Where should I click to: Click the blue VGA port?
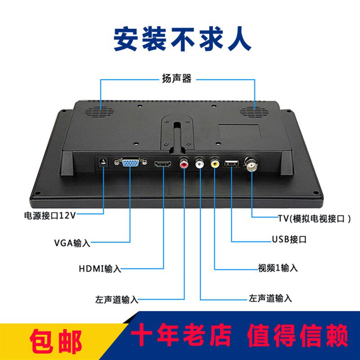[130, 162]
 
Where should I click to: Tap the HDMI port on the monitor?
[163, 164]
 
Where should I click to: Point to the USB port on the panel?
[232, 163]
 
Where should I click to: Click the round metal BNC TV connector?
[252, 164]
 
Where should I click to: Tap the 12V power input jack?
[103, 162]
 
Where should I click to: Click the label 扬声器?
[177, 78]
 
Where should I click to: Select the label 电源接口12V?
[50, 216]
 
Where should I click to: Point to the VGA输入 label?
[72, 243]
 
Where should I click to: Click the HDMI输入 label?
[100, 268]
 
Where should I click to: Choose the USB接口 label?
[289, 239]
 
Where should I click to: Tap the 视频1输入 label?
[278, 268]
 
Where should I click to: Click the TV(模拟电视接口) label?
[314, 219]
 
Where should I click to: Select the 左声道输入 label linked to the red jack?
[117, 299]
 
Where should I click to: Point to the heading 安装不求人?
[183, 39]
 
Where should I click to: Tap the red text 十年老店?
[181, 335]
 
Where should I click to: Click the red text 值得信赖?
[298, 335]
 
